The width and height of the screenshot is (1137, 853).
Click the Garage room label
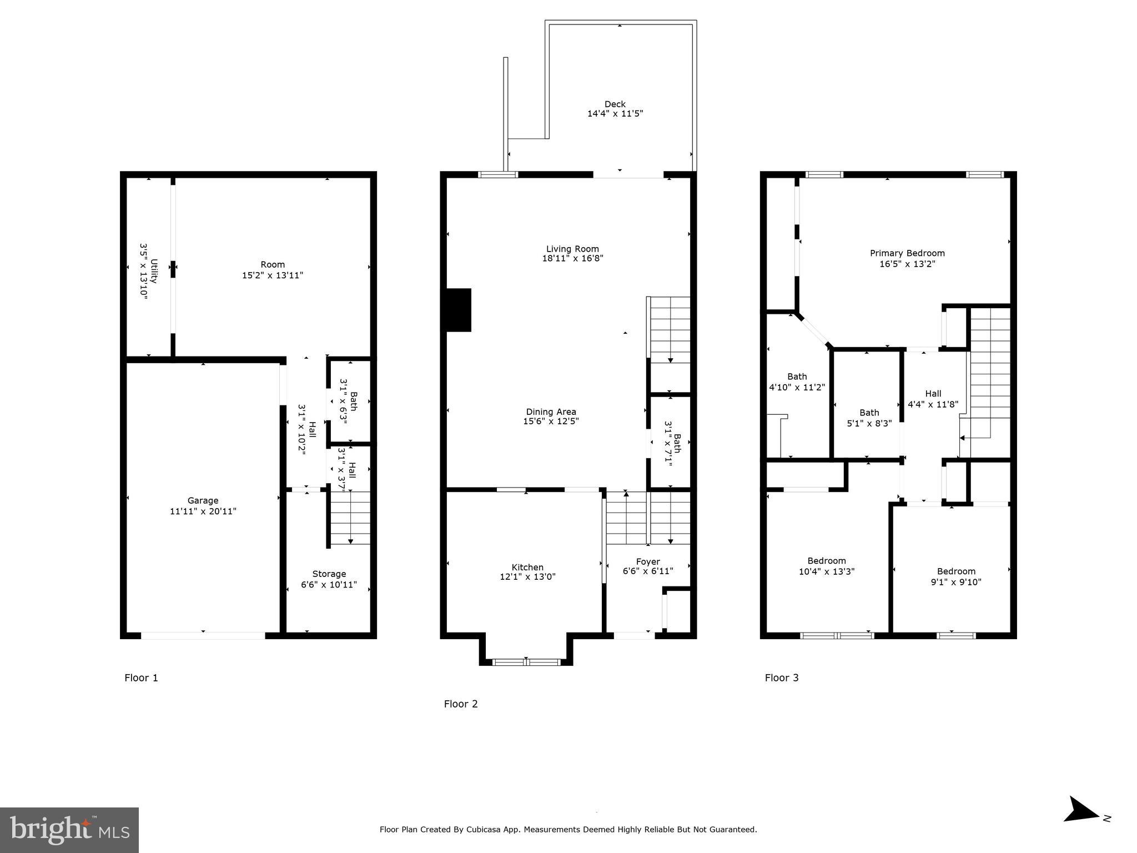click(203, 501)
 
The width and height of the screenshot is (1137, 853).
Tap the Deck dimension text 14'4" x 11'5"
click(615, 114)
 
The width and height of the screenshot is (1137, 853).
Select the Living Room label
click(572, 249)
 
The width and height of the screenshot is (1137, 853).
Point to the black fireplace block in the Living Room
click(459, 310)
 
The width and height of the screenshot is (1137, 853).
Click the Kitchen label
click(527, 567)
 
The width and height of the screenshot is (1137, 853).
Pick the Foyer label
click(648, 561)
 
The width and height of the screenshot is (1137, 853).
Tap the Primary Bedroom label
click(907, 253)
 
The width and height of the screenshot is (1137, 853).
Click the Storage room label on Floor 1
click(329, 574)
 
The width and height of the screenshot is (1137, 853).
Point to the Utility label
click(154, 271)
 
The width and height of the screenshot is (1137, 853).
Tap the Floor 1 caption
click(141, 678)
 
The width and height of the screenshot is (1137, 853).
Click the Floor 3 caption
click(782, 678)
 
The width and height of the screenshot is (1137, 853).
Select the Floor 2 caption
click(461, 704)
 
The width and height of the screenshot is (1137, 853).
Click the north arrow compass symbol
click(1081, 825)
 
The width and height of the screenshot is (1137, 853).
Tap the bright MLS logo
click(69, 830)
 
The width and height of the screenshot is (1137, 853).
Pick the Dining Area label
click(551, 412)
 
